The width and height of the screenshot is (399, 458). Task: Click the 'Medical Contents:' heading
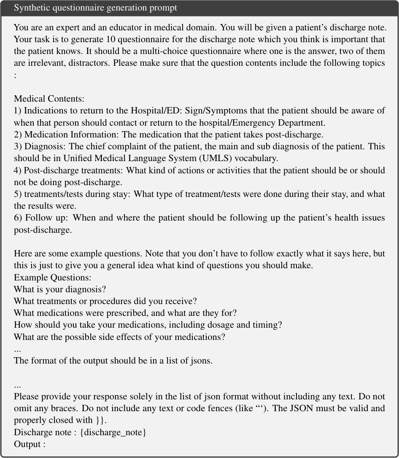[x=49, y=99]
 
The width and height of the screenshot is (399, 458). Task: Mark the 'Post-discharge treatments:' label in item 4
[x=74, y=170]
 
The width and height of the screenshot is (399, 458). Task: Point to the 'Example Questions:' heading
[x=52, y=278]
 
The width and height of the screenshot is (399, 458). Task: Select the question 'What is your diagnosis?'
[x=60, y=290]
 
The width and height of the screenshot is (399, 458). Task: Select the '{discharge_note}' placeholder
[x=113, y=432]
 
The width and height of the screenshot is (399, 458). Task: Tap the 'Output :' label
[x=30, y=444]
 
